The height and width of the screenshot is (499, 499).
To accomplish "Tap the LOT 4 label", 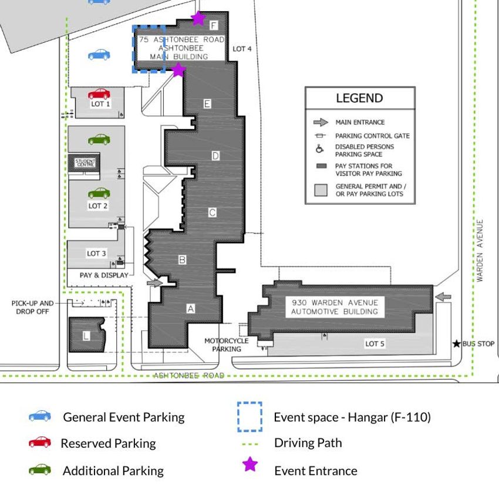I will [x=242, y=49].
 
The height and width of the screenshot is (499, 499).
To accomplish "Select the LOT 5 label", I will [x=375, y=343].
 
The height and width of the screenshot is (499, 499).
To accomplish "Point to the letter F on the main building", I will [x=213, y=25].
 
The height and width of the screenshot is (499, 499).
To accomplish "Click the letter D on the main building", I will [x=215, y=156].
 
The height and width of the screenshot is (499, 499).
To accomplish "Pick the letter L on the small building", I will [x=86, y=336].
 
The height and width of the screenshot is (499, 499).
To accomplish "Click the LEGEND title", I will [x=359, y=99].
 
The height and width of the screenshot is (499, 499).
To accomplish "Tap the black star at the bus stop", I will [x=457, y=343].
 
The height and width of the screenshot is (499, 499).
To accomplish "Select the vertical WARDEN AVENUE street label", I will [x=480, y=251].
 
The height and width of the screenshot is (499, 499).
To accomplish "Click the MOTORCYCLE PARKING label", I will [x=227, y=345].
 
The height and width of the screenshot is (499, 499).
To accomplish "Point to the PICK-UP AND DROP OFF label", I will [x=32, y=307].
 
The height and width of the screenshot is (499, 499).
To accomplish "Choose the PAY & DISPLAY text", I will [x=103, y=275].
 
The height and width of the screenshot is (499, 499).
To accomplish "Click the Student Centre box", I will [x=85, y=162].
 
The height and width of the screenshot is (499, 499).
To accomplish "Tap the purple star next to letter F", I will [x=198, y=18].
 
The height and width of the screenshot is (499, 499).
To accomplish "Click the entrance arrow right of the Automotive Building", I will [x=443, y=297].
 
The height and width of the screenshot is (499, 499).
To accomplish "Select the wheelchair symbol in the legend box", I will [x=320, y=150].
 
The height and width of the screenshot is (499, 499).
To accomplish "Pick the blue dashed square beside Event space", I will [x=249, y=417].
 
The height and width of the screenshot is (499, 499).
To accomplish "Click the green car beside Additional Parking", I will [x=40, y=470].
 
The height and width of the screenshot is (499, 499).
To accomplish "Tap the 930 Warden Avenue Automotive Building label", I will [x=335, y=306].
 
